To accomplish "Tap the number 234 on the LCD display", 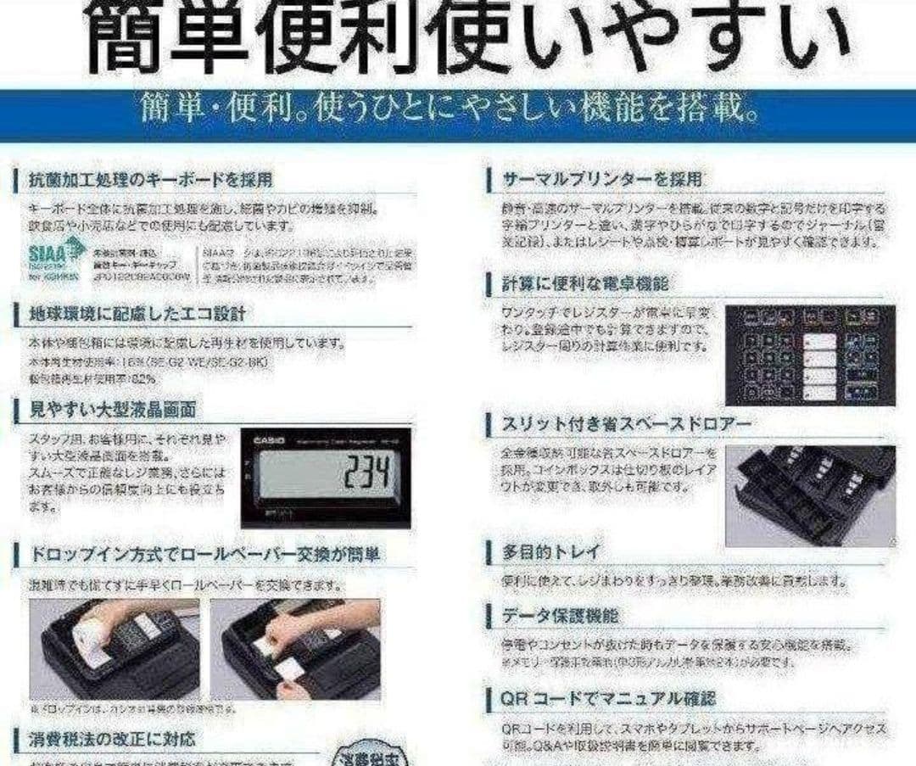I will pyautogui.click(x=370, y=473).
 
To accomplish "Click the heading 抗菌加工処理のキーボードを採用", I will pyautogui.click(x=151, y=180).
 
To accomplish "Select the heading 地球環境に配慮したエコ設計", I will pyautogui.click(x=137, y=314).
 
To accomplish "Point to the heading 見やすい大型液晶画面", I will pyautogui.click(x=113, y=410).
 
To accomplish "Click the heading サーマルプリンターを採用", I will pyautogui.click(x=602, y=180).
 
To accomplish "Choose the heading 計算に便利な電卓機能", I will pyautogui.click(x=585, y=283).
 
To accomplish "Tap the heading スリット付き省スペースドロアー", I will pyautogui.click(x=615, y=422).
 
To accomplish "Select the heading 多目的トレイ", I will pyautogui.click(x=551, y=552).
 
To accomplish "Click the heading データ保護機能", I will pyautogui.click(x=561, y=615).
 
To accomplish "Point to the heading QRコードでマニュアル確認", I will pyautogui.click(x=608, y=699).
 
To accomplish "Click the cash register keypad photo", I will pyautogui.click(x=809, y=355).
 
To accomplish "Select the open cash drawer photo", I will pyautogui.click(x=809, y=495).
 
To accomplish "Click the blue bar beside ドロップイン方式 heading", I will pyautogui.click(x=18, y=555).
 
